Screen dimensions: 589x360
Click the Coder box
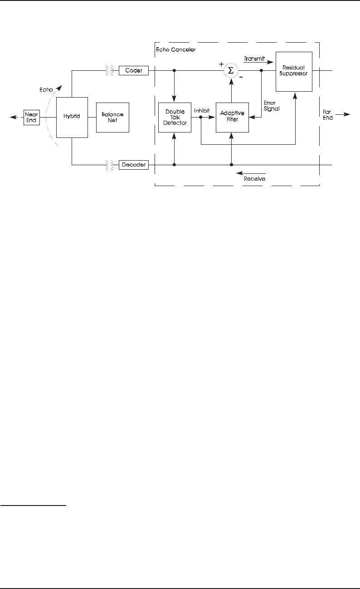click(134, 70)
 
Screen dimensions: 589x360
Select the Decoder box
click(134, 165)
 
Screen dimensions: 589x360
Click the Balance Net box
click(112, 117)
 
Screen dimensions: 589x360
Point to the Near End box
click(32, 117)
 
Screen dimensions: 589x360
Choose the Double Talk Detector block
click(175, 117)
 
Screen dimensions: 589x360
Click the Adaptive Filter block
click(232, 117)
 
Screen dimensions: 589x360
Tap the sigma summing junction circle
click(231, 70)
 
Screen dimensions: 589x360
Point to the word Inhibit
click(202, 110)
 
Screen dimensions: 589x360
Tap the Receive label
click(254, 179)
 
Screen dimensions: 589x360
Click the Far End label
click(327, 114)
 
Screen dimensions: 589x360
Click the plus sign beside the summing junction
click(222, 64)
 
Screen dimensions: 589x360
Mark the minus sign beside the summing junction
click(241, 77)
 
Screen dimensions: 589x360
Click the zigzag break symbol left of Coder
click(109, 70)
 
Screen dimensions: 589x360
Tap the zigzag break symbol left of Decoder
click(109, 165)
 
